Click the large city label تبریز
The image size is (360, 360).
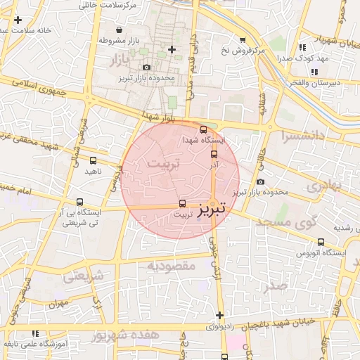212,208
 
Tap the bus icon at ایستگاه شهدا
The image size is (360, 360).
204,130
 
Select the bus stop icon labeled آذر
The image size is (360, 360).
214,154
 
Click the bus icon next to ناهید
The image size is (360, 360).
94,160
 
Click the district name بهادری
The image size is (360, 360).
323,186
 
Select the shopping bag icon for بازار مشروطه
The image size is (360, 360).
119,30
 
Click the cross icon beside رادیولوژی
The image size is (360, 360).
220,316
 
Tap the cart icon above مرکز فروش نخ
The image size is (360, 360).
243,40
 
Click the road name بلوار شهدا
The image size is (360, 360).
157,114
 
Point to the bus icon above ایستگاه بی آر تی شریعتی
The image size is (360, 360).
80,200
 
